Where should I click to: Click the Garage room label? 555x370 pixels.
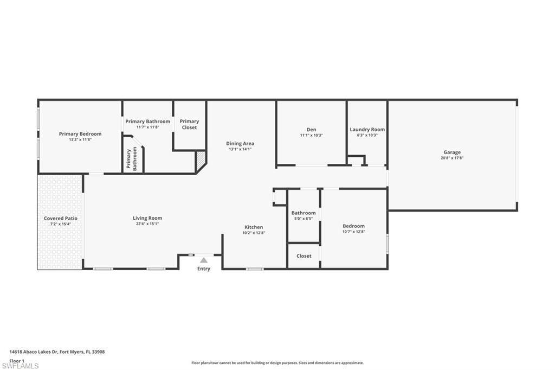point(452,152)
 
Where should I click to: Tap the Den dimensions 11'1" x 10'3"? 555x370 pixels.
point(311,135)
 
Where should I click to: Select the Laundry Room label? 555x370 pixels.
point(367,129)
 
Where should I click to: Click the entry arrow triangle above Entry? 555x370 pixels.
point(204,260)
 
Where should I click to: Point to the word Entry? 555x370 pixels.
point(204,269)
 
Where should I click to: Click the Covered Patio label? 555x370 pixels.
point(60,218)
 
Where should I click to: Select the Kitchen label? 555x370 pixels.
point(254,227)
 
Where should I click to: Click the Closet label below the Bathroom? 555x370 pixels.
point(304,256)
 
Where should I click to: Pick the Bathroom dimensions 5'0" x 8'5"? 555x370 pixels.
point(304,219)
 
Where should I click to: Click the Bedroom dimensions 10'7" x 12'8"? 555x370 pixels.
point(353,232)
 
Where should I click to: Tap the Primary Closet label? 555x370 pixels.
point(189,124)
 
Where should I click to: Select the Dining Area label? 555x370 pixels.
point(240,143)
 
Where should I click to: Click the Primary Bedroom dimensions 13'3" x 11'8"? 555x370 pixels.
point(80,139)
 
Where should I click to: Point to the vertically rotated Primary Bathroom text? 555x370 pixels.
point(132,159)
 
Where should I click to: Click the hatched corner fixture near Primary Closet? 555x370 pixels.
point(201,158)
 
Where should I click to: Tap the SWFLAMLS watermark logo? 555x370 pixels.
point(20,366)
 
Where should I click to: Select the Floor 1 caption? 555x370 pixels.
point(17,360)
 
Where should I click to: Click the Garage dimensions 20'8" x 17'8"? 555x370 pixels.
point(452,158)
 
